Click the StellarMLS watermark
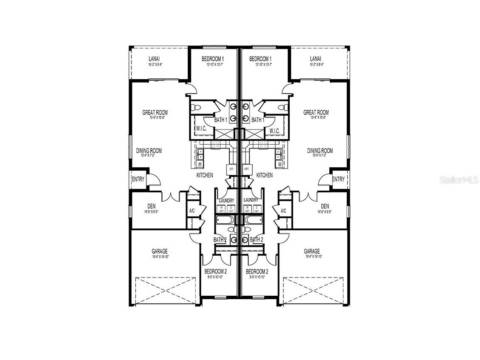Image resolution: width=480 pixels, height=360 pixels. click(x=459, y=180)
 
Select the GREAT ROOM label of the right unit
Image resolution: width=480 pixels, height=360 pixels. click(x=316, y=112)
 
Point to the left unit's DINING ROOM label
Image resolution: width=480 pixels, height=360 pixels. click(x=149, y=151)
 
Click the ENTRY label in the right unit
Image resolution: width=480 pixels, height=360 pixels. click(x=338, y=180)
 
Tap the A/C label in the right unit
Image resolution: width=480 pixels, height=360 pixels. click(x=283, y=211)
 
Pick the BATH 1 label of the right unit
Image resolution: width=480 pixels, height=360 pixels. click(x=257, y=120)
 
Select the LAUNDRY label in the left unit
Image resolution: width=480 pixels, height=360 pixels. click(x=226, y=200)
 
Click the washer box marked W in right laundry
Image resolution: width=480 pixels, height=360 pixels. click(x=247, y=209)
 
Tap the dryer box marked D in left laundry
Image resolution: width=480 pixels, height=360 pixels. click(x=231, y=209)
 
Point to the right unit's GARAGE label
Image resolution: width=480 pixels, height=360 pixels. click(x=311, y=251)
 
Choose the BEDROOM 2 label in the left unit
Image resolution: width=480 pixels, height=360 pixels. click(x=215, y=271)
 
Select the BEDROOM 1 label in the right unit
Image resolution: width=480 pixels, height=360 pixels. click(x=260, y=59)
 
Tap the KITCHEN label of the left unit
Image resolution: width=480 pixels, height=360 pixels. click(x=205, y=175)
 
